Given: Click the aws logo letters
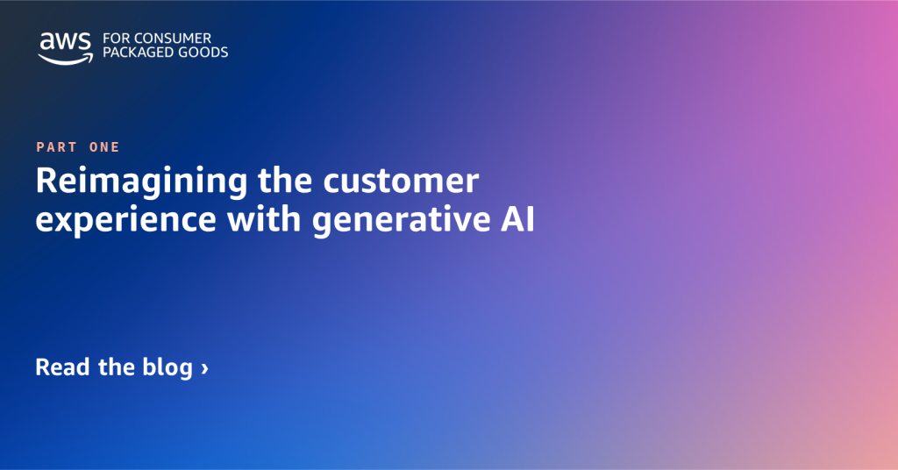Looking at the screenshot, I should click(64, 41).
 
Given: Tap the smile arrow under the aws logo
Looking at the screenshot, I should click(65, 57).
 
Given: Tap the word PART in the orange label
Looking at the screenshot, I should click(56, 147).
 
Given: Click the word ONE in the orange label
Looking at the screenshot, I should click(104, 147).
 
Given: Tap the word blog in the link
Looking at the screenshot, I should click(167, 367).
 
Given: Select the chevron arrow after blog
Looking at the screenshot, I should click(204, 367).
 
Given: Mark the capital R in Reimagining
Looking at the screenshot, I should click(46, 182).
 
